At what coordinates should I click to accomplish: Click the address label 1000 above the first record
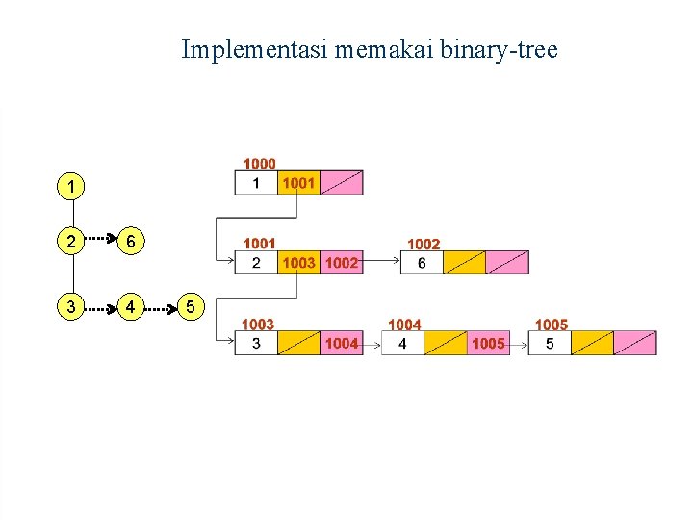coord(259,165)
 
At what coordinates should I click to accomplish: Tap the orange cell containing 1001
coord(298,182)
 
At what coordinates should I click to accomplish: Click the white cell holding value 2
coord(256,262)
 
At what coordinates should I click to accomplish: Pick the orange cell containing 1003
coord(298,262)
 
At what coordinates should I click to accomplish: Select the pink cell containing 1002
coord(342,262)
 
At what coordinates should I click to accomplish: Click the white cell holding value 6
coord(422,262)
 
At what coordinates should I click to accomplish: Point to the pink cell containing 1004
coord(342,343)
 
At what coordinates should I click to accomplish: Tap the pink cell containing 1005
coord(488,343)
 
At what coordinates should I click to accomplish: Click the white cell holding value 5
coord(550,343)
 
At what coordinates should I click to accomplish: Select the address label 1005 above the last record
coord(552,325)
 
